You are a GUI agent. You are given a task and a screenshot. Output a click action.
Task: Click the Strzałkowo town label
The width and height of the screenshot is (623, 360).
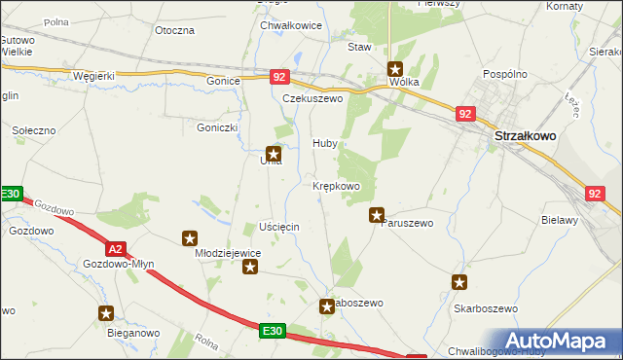click(525, 137)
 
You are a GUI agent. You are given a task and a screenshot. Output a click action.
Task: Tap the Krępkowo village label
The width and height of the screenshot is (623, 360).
click(337, 185)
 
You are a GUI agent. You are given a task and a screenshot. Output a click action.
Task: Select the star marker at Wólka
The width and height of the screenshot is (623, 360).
click(396, 69)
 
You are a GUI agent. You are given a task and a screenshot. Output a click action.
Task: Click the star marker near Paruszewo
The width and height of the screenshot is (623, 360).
click(377, 215)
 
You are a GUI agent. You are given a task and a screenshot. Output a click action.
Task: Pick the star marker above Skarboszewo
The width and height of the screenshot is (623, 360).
click(458, 282)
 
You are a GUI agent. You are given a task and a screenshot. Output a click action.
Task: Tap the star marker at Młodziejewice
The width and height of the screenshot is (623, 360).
click(190, 237)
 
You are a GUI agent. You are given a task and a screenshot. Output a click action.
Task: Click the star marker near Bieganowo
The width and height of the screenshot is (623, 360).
click(106, 313)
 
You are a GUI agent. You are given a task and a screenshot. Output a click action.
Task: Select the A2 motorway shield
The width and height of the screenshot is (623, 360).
click(116, 248)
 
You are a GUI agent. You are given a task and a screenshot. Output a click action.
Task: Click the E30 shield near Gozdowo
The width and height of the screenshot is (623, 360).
click(10, 195)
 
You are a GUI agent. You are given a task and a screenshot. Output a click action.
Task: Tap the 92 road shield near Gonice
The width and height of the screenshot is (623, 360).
click(278, 76)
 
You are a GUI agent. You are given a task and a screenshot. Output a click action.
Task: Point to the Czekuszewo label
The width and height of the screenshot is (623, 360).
click(313, 98)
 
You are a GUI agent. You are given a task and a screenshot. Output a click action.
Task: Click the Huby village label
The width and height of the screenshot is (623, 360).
click(325, 143)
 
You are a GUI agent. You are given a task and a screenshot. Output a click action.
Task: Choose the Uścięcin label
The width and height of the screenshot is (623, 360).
click(279, 226)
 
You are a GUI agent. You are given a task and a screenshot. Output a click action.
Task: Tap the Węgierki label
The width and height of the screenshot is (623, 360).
click(94, 77)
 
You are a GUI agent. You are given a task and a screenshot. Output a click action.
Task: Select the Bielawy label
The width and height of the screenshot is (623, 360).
click(560, 220)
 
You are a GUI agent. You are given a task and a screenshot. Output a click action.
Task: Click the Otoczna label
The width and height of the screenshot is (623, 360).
click(175, 30)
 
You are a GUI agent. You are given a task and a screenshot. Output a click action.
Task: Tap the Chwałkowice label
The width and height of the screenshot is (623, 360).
click(290, 25)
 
